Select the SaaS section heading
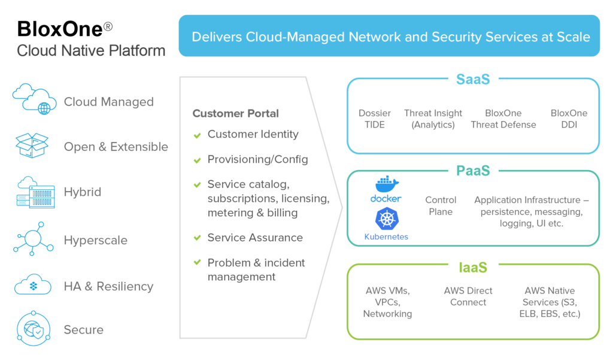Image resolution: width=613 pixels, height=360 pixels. pos(473,79)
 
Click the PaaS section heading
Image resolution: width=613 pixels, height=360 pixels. pos(473,171)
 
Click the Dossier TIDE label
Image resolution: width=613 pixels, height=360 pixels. pos(375,119)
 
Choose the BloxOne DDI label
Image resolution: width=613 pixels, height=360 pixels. pos(569,119)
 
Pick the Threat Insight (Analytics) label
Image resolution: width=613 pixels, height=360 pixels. pos(433,119)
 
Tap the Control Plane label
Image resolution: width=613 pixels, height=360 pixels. pos(441,205)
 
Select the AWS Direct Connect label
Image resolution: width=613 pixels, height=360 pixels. pos(468,297)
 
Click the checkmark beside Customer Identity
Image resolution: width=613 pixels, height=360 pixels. pos(197,135)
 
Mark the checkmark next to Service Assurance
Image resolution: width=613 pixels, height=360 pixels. pos(197,238)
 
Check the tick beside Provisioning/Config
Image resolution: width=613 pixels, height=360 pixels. pos(197,161)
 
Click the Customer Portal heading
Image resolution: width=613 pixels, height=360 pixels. pos(235,113)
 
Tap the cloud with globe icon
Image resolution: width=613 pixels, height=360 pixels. pos(34,99)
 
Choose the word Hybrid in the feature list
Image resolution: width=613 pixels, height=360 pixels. pos(82,192)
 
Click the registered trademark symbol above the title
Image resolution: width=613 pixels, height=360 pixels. pos(108,27)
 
